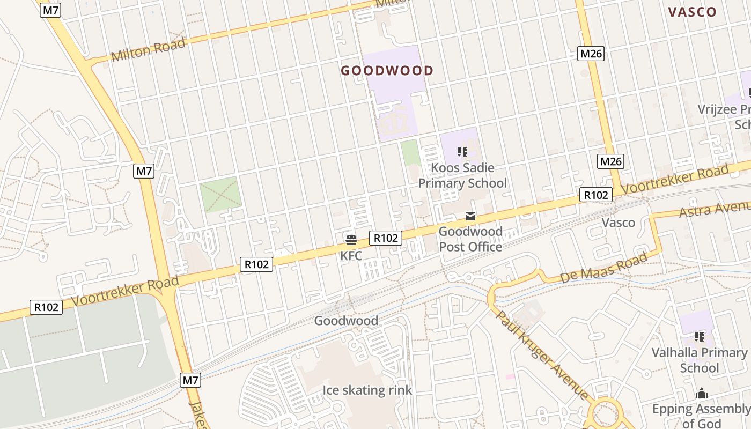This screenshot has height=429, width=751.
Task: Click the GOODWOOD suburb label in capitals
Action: [x=387, y=71]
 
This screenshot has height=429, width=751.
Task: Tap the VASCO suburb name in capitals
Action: [x=693, y=12]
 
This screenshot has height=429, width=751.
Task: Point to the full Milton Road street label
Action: [x=149, y=49]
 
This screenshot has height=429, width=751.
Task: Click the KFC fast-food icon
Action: [x=351, y=239]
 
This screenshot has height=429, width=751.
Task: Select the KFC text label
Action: [x=351, y=256]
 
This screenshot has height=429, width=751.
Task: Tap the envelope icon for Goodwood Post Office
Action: [x=470, y=216]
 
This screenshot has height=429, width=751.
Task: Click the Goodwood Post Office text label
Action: [x=470, y=239]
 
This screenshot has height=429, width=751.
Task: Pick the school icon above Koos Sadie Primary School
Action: [x=462, y=152]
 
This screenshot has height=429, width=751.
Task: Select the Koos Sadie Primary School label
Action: [x=462, y=175]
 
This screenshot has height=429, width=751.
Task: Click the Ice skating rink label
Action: [x=367, y=390]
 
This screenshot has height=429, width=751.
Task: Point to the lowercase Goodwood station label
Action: [x=346, y=321]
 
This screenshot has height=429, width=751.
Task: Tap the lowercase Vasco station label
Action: [x=618, y=223]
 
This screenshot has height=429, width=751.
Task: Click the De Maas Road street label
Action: [x=603, y=268]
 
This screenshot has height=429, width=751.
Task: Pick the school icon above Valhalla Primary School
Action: [x=700, y=337]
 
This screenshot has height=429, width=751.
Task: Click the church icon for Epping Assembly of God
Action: [x=702, y=394]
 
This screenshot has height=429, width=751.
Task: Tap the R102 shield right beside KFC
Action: [x=385, y=238]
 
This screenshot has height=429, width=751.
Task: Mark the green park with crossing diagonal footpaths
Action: [x=220, y=195]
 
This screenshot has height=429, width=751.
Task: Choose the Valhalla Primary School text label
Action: [x=700, y=360]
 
